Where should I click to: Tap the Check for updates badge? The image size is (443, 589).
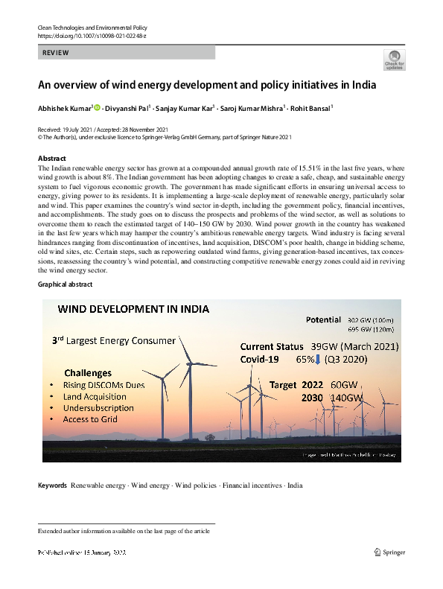(394, 60)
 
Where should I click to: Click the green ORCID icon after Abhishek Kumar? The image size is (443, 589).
(97, 108)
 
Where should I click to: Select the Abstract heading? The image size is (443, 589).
(52, 159)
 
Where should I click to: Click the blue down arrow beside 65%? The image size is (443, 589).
(318, 361)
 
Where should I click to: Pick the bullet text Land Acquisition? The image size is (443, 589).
(95, 397)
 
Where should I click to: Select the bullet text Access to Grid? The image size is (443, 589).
(91, 419)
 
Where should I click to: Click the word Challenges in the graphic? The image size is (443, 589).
(88, 373)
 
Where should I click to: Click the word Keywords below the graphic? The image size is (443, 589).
(52, 485)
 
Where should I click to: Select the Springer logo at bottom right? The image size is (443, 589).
(389, 553)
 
